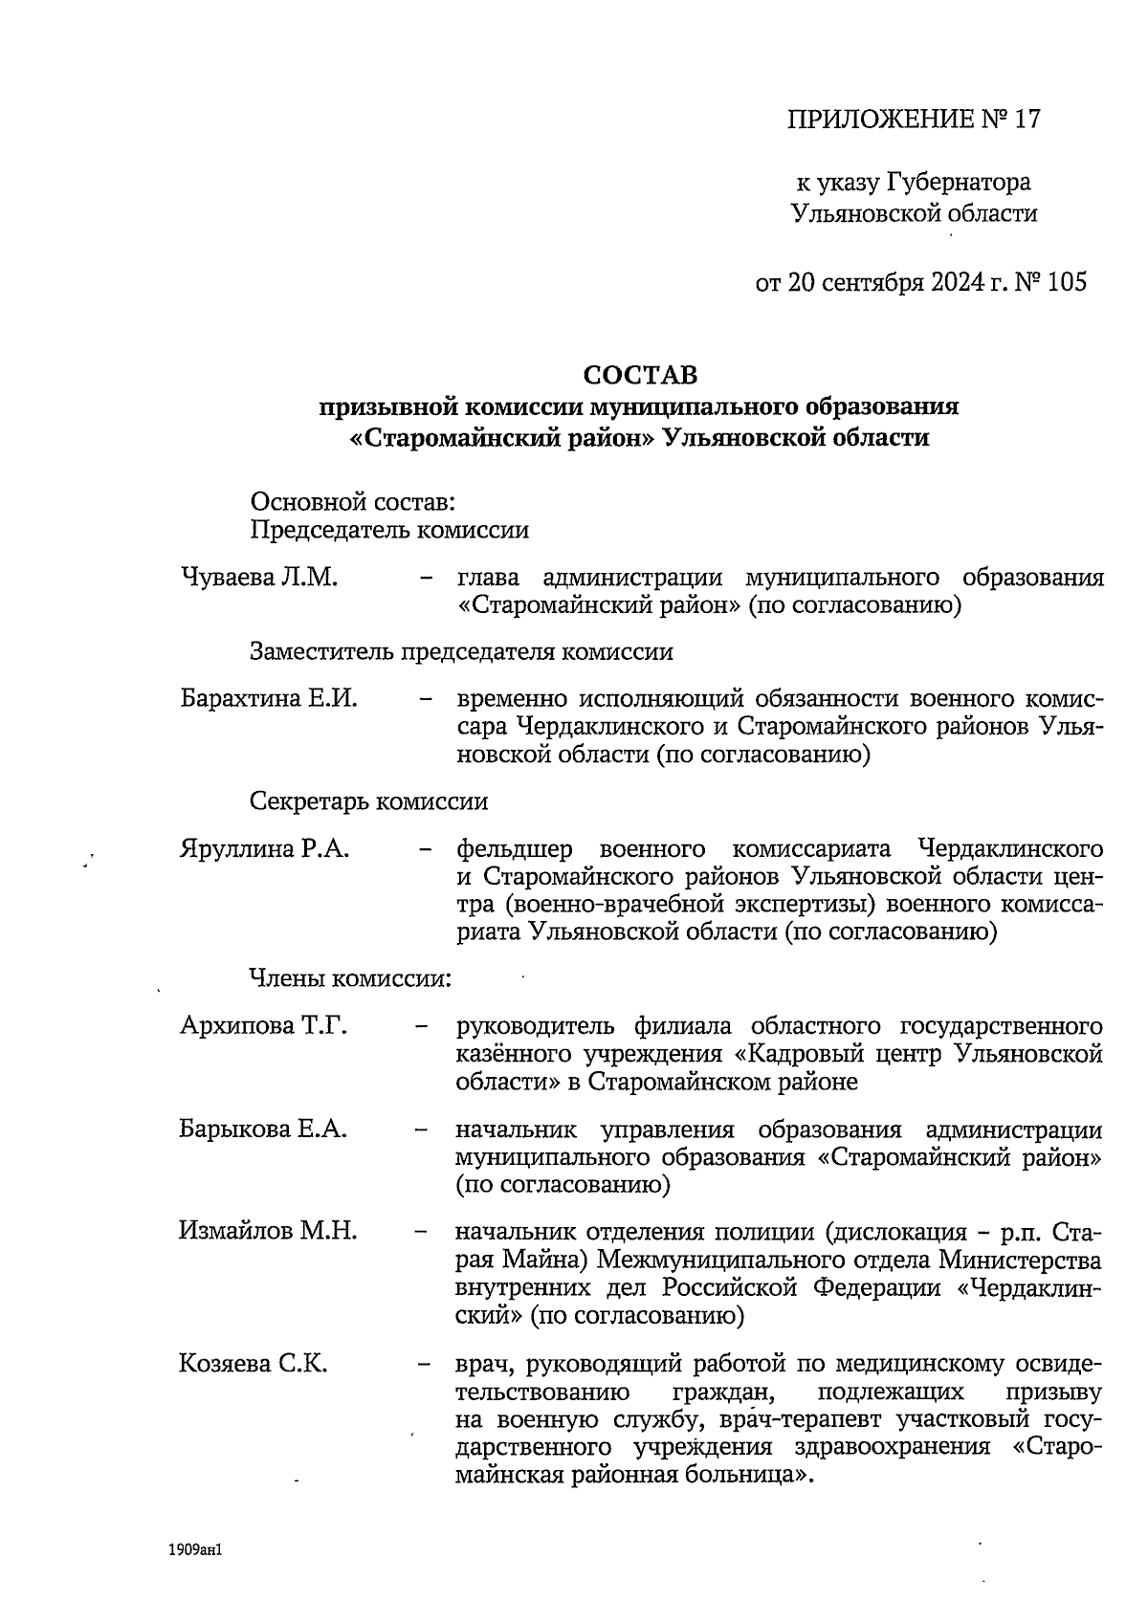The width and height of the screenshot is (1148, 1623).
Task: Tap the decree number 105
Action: pyautogui.click(x=1067, y=282)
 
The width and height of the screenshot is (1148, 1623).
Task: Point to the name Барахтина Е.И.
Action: pyautogui.click(x=269, y=698)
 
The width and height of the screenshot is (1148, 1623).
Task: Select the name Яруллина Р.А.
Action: pyautogui.click(x=264, y=848)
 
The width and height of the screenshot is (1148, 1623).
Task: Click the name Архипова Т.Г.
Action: pyautogui.click(x=263, y=1026)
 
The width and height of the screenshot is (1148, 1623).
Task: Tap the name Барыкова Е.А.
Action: pyautogui.click(x=263, y=1129)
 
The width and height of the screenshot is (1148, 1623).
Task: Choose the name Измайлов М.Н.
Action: pyautogui.click(x=268, y=1231)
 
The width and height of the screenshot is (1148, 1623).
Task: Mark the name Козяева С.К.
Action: pyautogui.click(x=254, y=1364)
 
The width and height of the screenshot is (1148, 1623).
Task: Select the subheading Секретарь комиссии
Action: pyautogui.click(x=368, y=801)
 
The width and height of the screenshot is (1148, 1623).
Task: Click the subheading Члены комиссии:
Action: pyautogui.click(x=350, y=978)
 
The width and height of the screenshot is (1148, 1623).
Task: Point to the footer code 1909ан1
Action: pyautogui.click(x=194, y=1547)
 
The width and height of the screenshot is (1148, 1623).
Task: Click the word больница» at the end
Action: pyautogui.click(x=758, y=1475)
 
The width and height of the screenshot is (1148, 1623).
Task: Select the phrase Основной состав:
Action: pyautogui.click(x=351, y=500)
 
